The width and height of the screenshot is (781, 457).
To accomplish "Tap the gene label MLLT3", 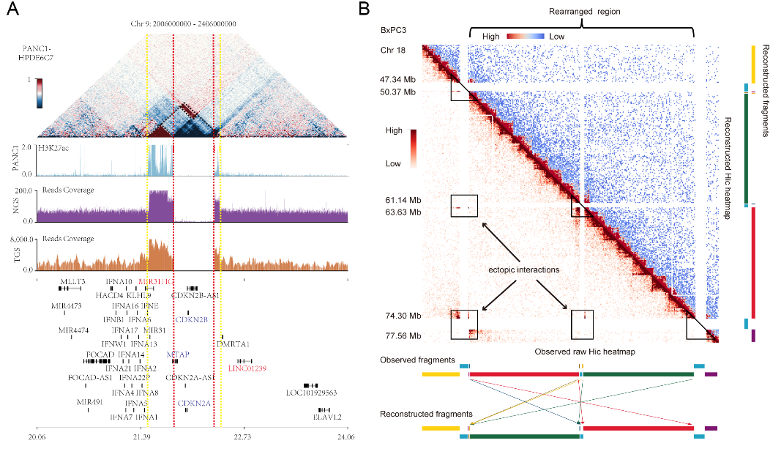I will (72, 281).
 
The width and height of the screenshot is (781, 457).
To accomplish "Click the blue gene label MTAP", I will (178, 354).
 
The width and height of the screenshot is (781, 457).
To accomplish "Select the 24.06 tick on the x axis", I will (346, 436).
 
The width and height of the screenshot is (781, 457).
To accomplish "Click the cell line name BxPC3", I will (394, 31).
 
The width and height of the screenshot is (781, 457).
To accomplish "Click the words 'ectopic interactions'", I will (519, 270).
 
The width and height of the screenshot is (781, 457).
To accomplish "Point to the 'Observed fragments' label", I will (417, 360).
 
